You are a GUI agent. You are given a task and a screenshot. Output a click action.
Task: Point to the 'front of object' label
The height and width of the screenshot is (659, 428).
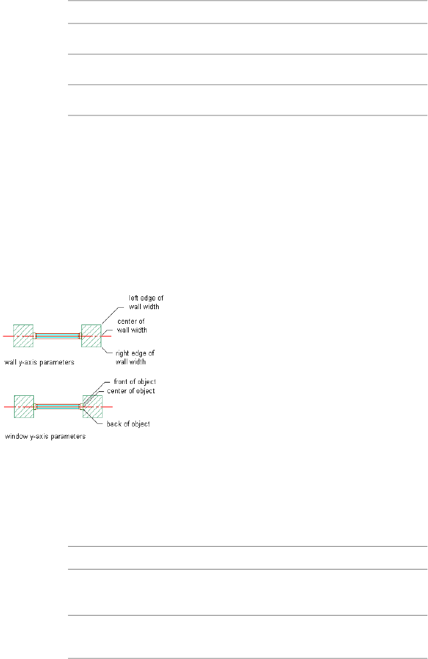[x=135, y=382]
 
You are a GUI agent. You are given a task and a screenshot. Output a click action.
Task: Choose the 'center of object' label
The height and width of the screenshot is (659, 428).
[x=131, y=391]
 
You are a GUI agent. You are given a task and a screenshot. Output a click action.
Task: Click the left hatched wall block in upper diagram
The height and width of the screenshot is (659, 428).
[x=23, y=335]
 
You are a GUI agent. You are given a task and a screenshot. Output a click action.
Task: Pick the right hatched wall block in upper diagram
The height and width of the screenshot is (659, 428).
[x=91, y=335]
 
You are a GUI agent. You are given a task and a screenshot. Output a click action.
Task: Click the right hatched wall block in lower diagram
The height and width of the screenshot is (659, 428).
[x=91, y=407]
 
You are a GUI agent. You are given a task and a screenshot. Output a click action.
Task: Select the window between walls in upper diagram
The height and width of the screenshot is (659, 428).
[x=57, y=336]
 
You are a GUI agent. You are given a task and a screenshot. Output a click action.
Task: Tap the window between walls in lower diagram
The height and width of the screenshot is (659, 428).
[x=57, y=407]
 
